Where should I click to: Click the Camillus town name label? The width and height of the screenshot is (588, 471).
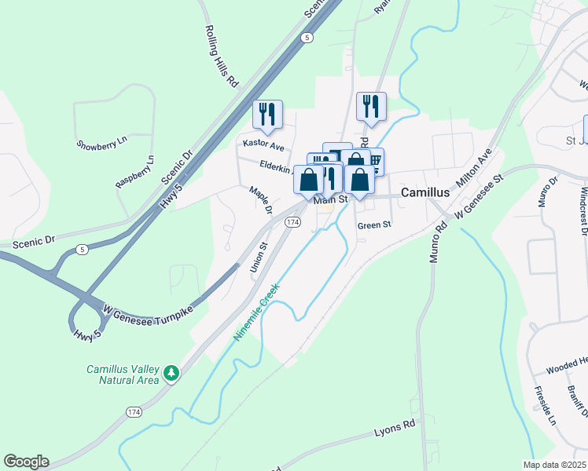click(425, 192)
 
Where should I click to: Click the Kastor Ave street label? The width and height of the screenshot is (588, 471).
click(263, 144)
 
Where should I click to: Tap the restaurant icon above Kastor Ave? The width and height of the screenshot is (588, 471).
click(267, 114)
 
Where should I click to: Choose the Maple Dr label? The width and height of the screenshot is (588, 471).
click(260, 199)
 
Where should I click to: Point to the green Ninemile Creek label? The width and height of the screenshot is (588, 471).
click(257, 312)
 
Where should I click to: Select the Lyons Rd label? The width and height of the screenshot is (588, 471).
click(394, 426)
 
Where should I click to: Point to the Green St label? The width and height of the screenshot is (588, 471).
click(373, 225)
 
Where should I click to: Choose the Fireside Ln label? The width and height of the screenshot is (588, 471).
click(544, 405)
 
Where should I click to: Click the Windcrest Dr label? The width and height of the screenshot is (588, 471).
click(582, 210)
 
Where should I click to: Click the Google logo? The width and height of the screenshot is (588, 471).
click(26, 462)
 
